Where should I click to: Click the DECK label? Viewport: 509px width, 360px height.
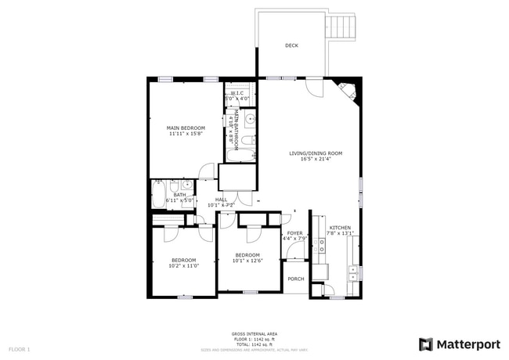291,45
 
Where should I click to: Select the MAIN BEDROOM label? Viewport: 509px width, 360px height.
186,128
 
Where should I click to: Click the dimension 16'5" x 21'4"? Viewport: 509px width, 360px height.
316,160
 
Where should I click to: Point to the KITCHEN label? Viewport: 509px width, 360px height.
340,227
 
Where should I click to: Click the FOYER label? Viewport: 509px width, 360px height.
294,233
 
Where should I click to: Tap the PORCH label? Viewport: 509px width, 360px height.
296,279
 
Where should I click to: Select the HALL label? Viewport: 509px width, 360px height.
222,200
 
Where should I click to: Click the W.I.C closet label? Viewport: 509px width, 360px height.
238,92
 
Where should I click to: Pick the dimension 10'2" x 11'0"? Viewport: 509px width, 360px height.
183,266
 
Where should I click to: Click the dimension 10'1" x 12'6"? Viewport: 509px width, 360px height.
247,261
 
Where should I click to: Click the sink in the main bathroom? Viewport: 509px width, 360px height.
250,120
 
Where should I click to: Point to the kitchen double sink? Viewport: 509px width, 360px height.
354,272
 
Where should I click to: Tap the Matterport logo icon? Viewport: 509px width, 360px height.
426,344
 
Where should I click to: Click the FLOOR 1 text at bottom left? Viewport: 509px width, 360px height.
19,348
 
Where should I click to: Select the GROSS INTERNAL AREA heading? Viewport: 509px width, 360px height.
254,333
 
